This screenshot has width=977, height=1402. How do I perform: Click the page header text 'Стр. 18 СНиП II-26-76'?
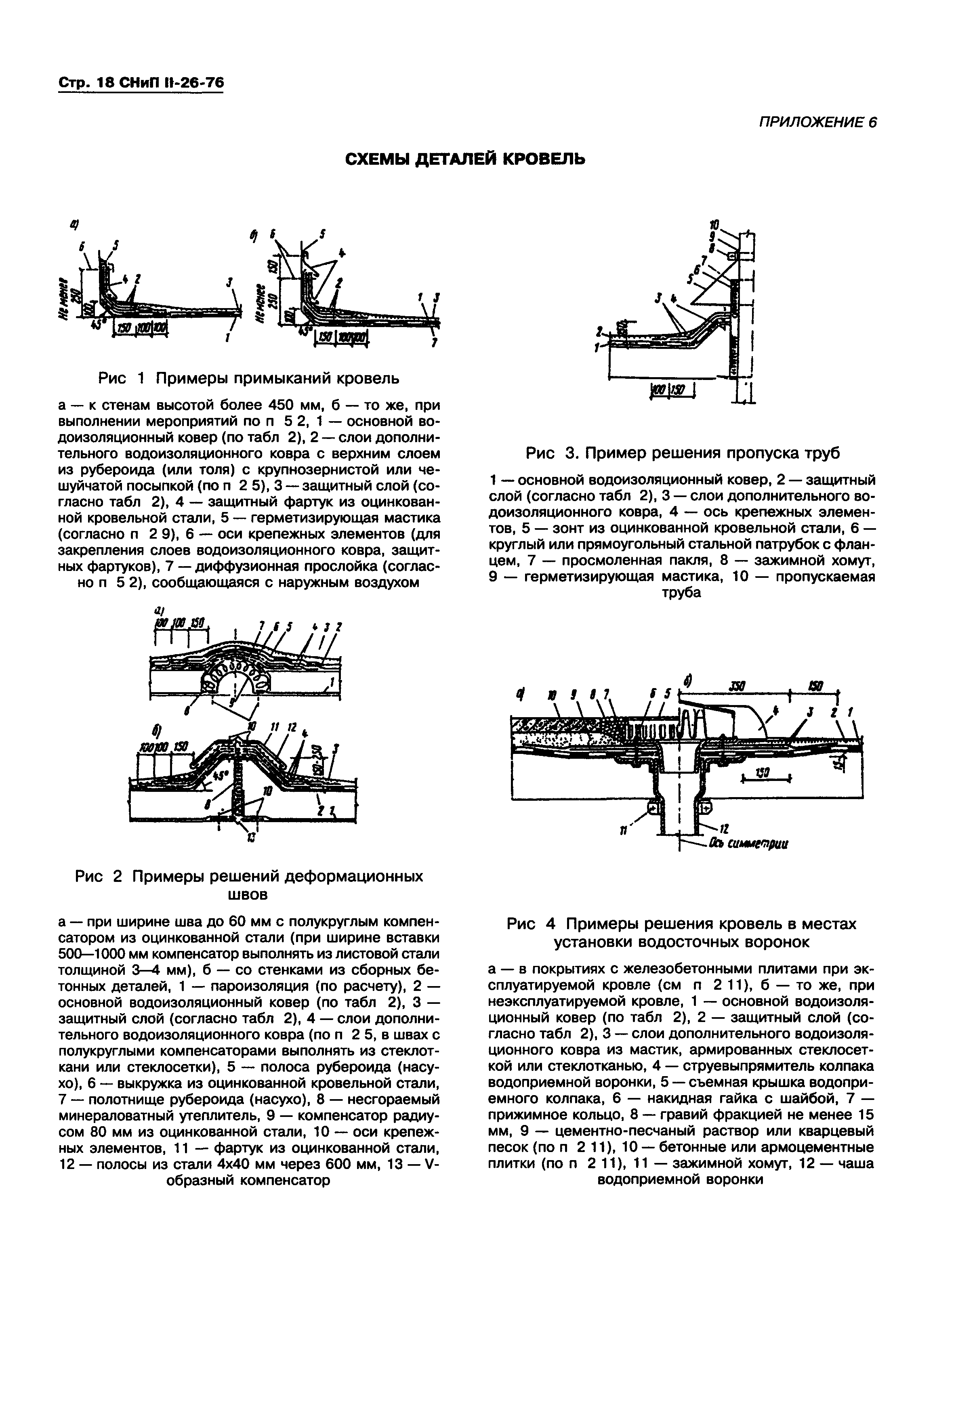click(x=141, y=84)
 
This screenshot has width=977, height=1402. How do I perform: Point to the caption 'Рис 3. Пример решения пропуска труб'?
click(x=683, y=453)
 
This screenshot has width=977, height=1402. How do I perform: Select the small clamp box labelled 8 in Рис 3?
click(x=731, y=256)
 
